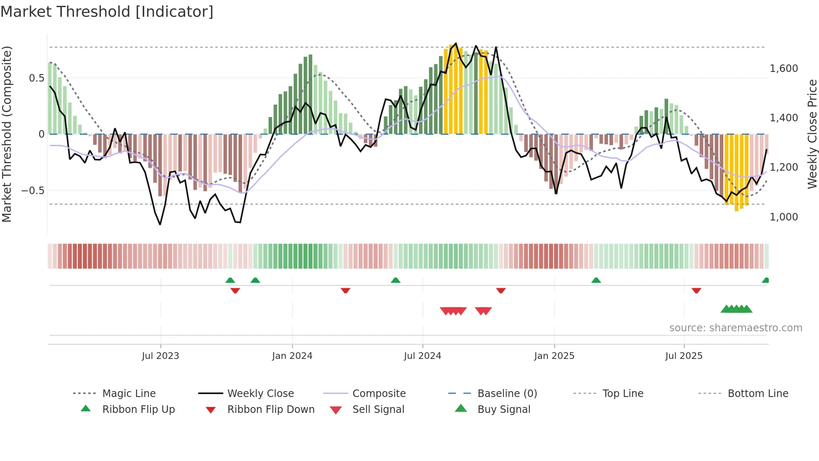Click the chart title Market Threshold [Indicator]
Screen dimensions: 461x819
tap(107, 12)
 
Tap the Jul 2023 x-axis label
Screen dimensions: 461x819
tap(160, 356)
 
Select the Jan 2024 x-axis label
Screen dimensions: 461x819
tap(292, 356)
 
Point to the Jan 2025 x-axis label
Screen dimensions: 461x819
tap(554, 356)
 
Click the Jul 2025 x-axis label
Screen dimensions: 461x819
tap(684, 356)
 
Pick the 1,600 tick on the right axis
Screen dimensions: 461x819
tap(783, 69)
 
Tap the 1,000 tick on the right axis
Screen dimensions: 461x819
tap(783, 217)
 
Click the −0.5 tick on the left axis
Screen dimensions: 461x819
tap(33, 191)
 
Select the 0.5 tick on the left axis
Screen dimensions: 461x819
tap(36, 78)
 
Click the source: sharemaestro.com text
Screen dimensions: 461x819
tap(735, 328)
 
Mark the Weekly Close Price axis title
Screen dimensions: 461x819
tap(812, 134)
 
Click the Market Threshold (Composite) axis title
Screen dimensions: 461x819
tap(7, 134)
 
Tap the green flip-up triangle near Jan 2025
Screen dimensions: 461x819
tap(596, 280)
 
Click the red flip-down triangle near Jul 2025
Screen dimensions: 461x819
tap(696, 290)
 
